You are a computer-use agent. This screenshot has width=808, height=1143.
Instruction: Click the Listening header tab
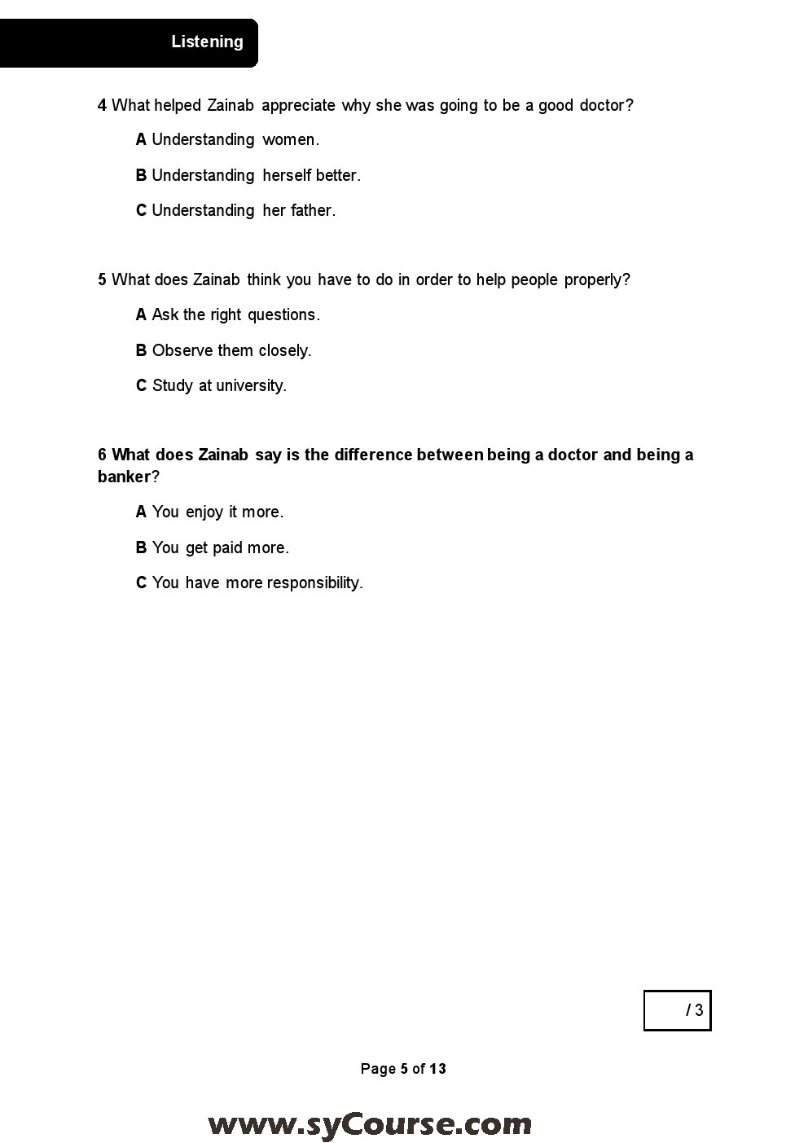207,42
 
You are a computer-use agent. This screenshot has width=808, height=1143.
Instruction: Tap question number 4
102,105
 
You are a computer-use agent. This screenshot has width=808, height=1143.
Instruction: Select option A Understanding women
227,140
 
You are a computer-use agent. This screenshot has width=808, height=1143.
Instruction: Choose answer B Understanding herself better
248,175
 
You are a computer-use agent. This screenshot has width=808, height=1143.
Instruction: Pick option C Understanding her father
235,210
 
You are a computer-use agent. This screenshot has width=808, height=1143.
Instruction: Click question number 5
102,279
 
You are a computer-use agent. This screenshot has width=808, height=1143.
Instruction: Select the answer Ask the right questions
228,314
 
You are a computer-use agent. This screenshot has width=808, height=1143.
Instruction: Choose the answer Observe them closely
223,350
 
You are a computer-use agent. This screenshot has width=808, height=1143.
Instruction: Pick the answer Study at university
211,385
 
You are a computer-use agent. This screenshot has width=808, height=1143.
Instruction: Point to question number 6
102,455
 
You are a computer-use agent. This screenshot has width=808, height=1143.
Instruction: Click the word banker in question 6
124,477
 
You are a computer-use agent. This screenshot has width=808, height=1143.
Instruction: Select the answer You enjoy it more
209,512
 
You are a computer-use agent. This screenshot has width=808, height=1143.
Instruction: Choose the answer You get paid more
213,547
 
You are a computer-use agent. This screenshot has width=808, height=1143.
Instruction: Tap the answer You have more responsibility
249,582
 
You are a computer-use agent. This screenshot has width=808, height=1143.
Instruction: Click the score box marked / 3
677,1010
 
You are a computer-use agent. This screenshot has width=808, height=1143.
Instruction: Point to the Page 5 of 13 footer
403,1069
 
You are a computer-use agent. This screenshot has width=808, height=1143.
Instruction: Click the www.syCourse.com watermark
370,1124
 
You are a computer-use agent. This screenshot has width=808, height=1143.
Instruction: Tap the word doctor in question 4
605,105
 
